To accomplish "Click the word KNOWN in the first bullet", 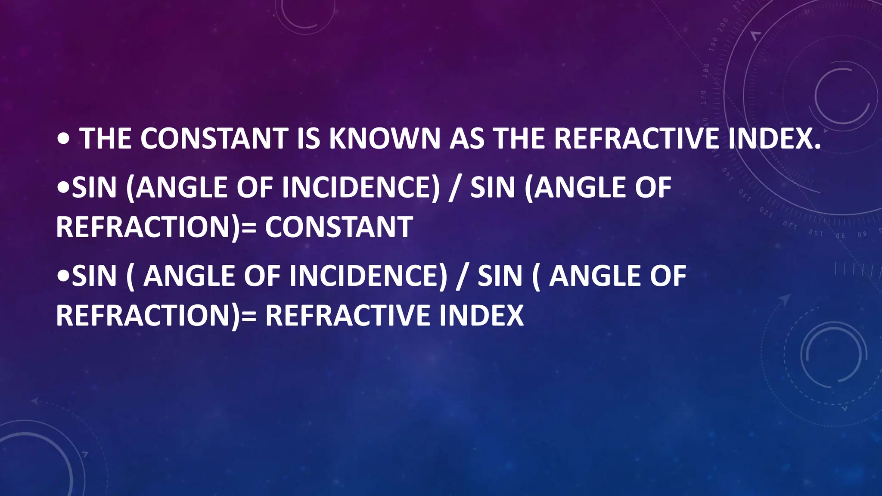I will (x=384, y=139).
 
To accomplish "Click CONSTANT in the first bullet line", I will (x=214, y=139).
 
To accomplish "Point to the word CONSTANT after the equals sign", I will (x=339, y=227).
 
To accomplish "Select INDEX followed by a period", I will (x=774, y=139).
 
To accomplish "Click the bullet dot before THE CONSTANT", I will (x=63, y=139).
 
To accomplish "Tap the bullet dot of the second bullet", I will (x=63, y=188).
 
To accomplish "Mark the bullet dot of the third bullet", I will (x=63, y=276).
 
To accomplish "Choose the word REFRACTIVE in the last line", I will (x=348, y=315).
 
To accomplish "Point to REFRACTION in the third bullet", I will (x=144, y=315).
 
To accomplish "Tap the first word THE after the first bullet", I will (x=106, y=139).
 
